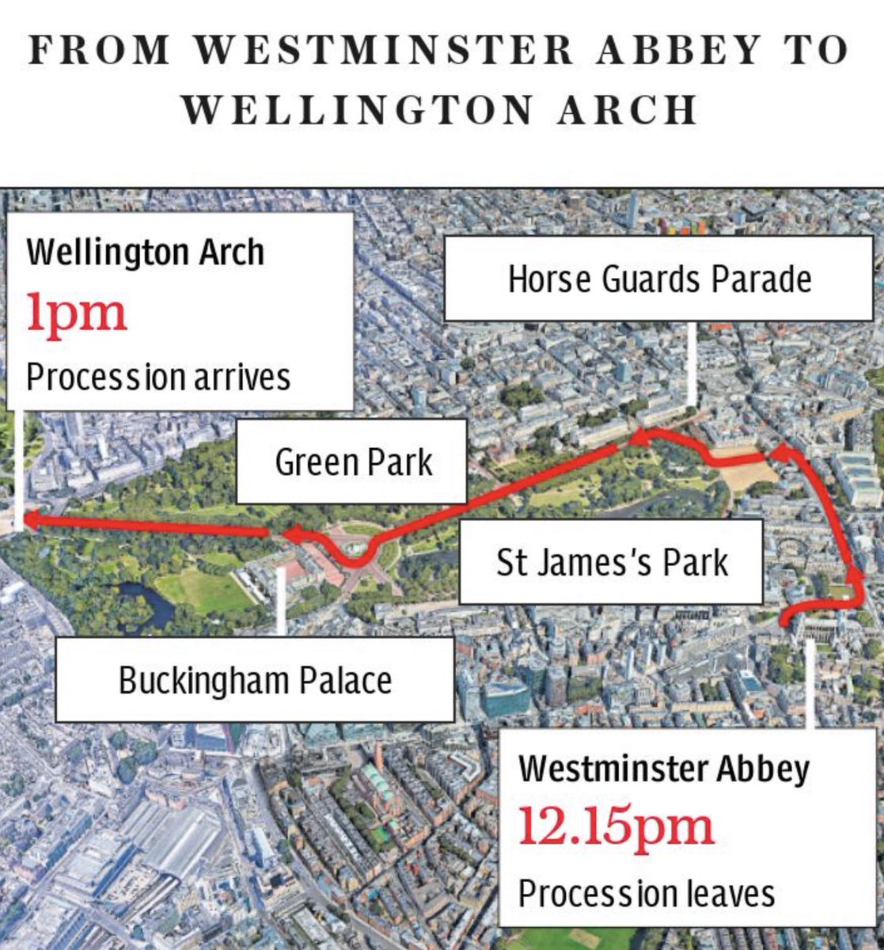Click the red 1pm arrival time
(x=77, y=313)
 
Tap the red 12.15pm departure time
(x=616, y=825)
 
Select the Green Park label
(x=353, y=462)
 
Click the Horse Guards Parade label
(x=658, y=279)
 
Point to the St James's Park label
(x=611, y=562)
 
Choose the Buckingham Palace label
(x=255, y=680)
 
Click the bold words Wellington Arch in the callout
(x=145, y=253)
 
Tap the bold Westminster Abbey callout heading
(x=663, y=768)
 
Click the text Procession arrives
(x=158, y=377)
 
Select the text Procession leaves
(x=646, y=893)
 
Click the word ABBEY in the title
(x=670, y=51)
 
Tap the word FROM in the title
(x=100, y=51)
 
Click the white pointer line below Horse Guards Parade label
(x=692, y=363)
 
